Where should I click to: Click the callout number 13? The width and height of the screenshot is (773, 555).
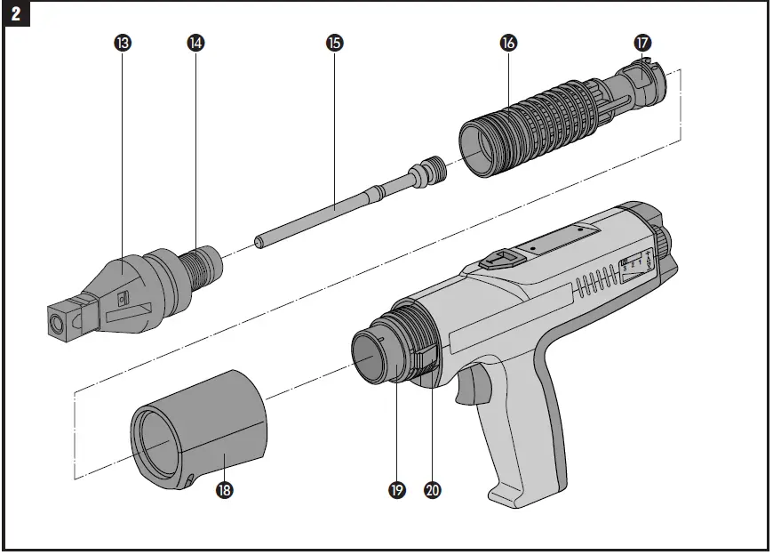124,43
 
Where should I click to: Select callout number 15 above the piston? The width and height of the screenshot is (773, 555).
335,43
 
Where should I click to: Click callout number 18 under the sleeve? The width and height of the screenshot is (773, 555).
226,490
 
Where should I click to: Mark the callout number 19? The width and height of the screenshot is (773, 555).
397,490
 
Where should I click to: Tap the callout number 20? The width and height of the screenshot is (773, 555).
433,490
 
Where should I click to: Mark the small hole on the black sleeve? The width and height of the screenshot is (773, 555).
192,481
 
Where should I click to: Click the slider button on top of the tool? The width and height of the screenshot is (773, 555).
499,260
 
